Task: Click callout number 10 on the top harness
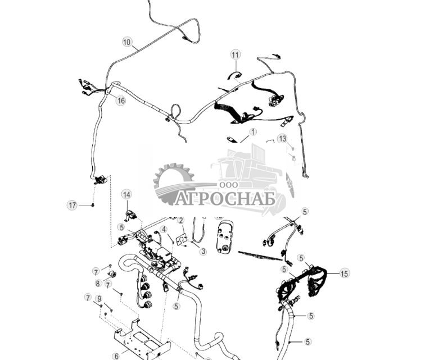pos(126,42)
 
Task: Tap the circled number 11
pos(235,54)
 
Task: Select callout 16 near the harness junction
pos(120,101)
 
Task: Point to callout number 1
pos(252,132)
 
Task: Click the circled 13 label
pos(282,138)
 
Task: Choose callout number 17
pos(72,206)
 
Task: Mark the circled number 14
pos(126,194)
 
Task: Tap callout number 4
pos(164,229)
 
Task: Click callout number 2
pos(181,220)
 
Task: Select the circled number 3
pos(203,252)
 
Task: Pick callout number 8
pos(98,284)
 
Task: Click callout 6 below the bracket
pos(116,356)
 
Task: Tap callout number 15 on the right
pos(344,274)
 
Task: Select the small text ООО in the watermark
pos(228,185)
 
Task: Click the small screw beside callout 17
pos(92,206)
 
